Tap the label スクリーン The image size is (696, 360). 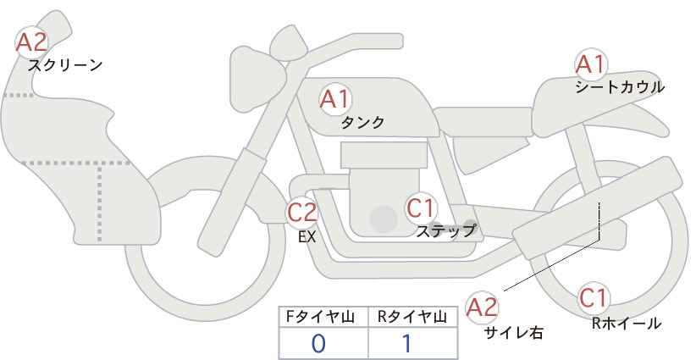click(65, 64)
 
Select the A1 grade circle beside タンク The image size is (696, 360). click(334, 99)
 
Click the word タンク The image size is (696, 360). click(362, 122)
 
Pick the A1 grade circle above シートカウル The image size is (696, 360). click(590, 64)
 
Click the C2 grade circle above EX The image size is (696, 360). click(302, 213)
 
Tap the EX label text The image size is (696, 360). click(307, 237)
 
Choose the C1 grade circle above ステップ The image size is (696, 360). click(421, 207)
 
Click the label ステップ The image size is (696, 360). click(446, 230)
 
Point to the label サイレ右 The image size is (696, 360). click(513, 332)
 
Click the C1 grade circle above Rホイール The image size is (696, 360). click(594, 297)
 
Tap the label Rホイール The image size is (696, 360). click(627, 323)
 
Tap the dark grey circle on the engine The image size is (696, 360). click(384, 220)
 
